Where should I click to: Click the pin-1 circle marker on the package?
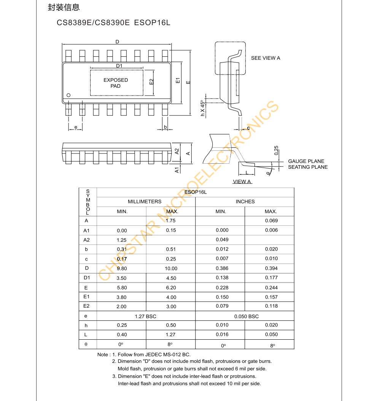click(x=68, y=95)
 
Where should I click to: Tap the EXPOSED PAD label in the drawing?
click(x=116, y=83)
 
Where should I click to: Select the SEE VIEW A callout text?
click(x=266, y=58)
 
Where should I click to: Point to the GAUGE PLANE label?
click(x=306, y=161)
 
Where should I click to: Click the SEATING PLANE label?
click(x=307, y=167)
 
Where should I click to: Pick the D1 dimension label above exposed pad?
click(x=119, y=66)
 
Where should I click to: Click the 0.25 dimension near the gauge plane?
click(x=276, y=151)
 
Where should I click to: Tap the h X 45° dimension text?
click(x=203, y=109)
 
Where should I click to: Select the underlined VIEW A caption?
click(x=242, y=182)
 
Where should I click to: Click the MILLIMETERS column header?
click(x=145, y=201)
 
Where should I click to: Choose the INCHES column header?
click(x=245, y=201)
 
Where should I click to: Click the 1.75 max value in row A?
click(x=171, y=221)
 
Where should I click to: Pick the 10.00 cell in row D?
click(x=171, y=268)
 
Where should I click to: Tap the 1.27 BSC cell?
click(x=146, y=316)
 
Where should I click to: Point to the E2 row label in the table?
click(x=86, y=306)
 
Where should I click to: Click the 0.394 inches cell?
click(x=271, y=268)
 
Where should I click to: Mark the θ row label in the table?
click(x=86, y=344)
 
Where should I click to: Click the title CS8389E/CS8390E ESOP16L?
click(x=113, y=23)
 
